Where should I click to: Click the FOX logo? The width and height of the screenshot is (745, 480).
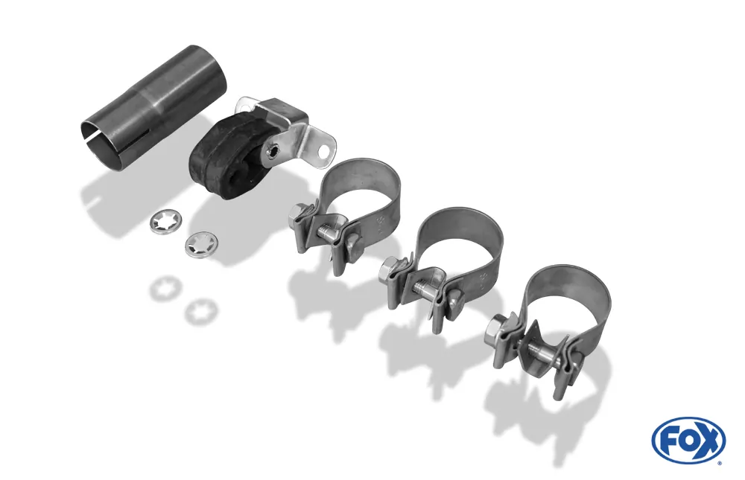(x=688, y=440)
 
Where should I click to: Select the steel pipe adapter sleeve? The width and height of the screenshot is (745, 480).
(x=152, y=109)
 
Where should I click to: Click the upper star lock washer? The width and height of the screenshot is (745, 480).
(x=165, y=223)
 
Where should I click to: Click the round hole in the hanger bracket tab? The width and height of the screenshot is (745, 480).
(x=324, y=150)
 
